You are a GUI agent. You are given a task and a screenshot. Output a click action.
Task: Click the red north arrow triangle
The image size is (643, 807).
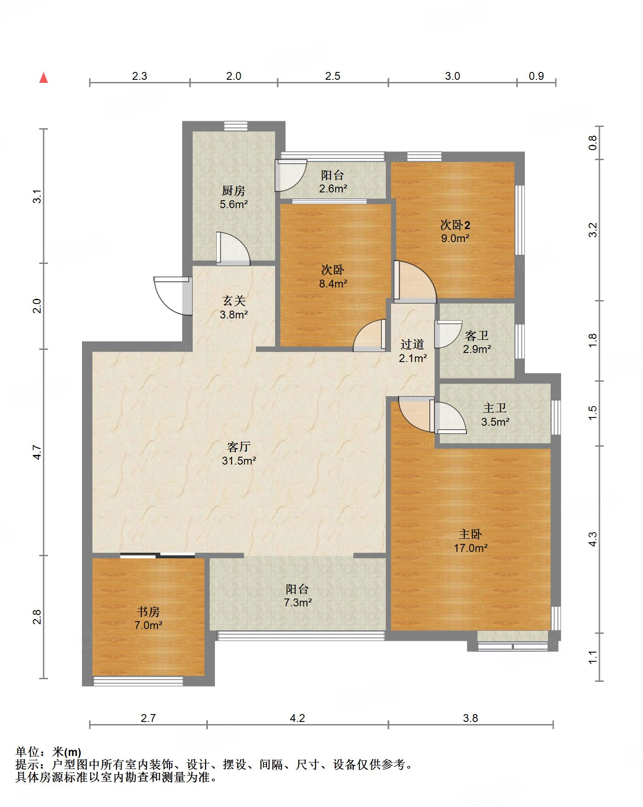[43, 78]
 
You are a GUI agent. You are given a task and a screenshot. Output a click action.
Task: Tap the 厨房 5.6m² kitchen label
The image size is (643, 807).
[234, 197]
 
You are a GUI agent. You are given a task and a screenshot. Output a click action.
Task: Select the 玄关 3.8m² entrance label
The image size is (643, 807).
[234, 307]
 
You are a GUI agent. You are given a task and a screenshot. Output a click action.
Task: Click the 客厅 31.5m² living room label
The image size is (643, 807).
[239, 453]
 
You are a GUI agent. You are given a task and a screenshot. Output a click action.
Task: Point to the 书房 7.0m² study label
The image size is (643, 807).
[148, 618]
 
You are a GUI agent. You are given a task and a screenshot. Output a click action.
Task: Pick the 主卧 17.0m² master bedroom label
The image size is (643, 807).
[470, 541]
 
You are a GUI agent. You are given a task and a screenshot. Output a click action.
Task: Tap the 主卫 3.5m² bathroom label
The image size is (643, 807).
[495, 415]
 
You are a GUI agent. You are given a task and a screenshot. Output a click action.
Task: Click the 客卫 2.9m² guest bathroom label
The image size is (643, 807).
[477, 342]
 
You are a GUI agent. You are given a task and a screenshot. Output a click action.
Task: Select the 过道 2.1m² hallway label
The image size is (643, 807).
[412, 351]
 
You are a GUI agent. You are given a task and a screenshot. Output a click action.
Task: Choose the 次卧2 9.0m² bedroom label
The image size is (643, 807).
[455, 232]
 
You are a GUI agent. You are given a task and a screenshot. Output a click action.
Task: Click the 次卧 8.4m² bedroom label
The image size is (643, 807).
[333, 277]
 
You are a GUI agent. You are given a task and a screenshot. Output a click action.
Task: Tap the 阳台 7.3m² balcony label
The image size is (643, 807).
[298, 596]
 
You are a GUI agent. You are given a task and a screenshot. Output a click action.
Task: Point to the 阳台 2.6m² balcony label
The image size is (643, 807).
[333, 182]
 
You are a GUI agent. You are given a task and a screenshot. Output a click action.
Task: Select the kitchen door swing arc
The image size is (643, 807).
[233, 249]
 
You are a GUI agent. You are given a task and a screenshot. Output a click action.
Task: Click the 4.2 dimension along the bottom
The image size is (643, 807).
[297, 718]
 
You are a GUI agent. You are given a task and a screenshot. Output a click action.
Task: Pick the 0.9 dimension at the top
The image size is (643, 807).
[536, 76]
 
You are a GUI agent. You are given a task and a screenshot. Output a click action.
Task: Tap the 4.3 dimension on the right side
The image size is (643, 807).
[592, 539]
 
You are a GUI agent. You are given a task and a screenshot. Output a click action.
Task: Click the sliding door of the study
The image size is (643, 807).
[157, 555]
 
